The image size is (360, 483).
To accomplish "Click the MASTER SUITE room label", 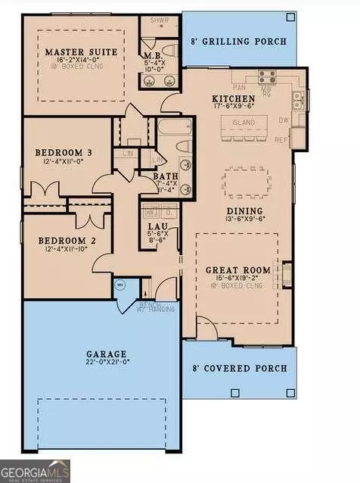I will pos(74,52).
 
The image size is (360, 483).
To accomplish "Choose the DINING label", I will pos(244,211).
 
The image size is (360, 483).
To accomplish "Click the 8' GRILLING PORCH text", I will pos(240,41).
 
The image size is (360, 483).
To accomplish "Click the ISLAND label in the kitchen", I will pos(244,123).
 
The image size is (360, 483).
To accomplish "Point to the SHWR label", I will pos(158,21).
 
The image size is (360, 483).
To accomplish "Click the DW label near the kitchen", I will pos(283,120).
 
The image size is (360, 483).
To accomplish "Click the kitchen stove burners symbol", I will pos(266,76).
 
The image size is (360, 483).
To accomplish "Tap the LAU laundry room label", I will pos(153,225).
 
